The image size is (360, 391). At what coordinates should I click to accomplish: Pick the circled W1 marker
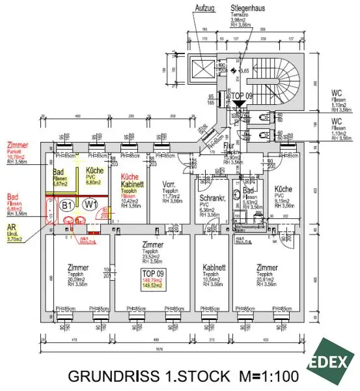(90, 205)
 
